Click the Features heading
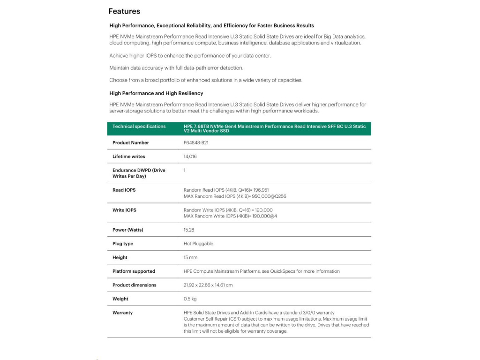click(124, 11)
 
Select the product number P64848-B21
click(196, 142)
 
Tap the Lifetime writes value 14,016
click(190, 157)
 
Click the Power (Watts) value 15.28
click(189, 230)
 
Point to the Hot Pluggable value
click(198, 244)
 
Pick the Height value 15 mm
click(190, 257)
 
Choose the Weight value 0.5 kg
click(190, 299)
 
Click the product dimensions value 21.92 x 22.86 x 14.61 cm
click(208, 285)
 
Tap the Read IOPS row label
click(124, 190)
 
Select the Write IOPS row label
click(124, 210)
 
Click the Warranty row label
click(122, 313)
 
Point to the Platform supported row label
click(134, 271)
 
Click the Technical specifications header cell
click(139, 127)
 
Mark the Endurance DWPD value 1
click(185, 170)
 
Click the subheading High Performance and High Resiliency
click(156, 93)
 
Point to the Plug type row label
click(123, 244)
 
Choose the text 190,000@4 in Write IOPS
click(263, 217)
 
